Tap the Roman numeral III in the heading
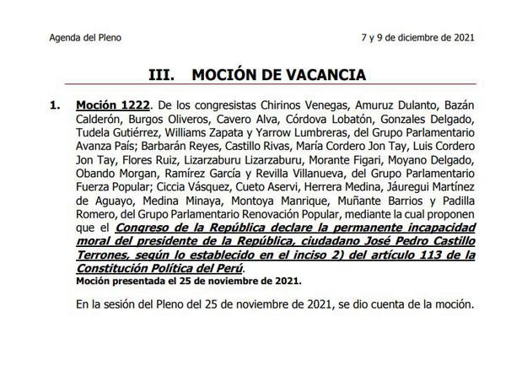[161, 74]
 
